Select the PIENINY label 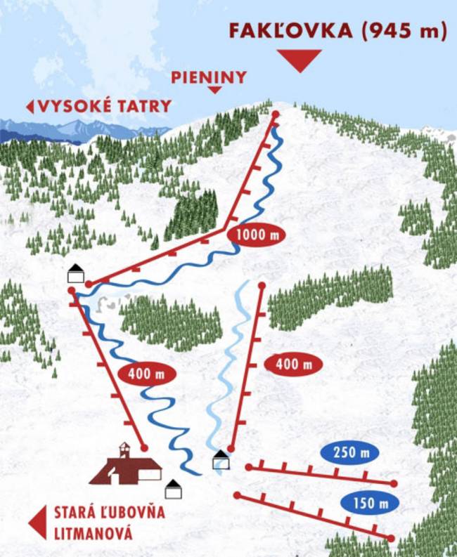[x=209, y=77]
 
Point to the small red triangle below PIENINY [x=214, y=89]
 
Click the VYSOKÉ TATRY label [x=105, y=106]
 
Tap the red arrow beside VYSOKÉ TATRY [x=30, y=107]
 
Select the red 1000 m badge [x=257, y=235]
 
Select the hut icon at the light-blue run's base [x=221, y=460]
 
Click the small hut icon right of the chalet [x=173, y=489]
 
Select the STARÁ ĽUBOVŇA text [x=109, y=512]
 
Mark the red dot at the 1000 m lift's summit [x=276, y=114]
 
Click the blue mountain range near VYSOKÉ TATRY [x=77, y=130]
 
